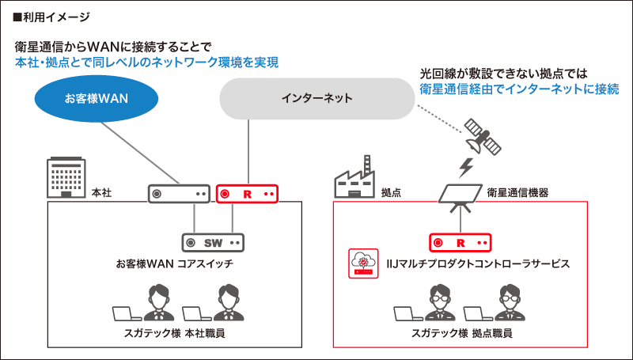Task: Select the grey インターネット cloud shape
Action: coord(316,99)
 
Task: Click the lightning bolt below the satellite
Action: coord(467,169)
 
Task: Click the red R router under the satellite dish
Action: coord(462,241)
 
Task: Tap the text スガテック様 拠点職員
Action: coord(461,333)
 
